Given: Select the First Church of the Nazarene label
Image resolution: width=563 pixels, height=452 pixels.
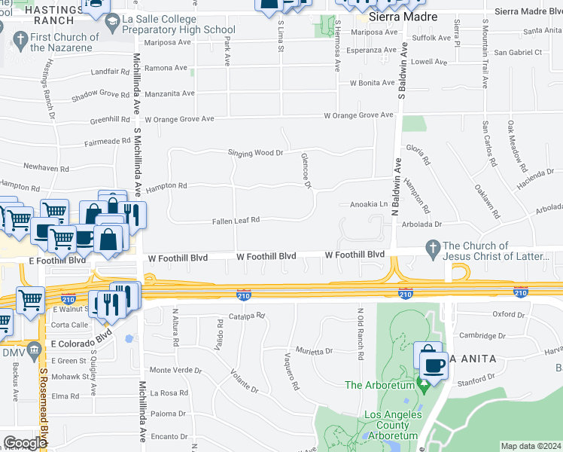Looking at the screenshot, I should (65, 42).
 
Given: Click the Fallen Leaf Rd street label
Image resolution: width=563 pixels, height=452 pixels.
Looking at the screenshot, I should (236, 220).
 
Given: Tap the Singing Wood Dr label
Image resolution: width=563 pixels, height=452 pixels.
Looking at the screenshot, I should (256, 153).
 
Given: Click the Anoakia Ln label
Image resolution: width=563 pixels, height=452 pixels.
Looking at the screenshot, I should (369, 205).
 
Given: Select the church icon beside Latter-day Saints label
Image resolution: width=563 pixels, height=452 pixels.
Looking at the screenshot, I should (432, 247).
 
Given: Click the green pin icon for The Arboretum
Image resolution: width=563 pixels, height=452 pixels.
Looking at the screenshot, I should (423, 386).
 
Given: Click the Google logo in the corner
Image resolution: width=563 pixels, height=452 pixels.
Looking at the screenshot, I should (25, 443).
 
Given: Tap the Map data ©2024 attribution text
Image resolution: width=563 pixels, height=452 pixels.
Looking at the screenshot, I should (531, 446).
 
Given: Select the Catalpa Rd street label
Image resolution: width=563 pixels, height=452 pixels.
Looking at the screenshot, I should (248, 316).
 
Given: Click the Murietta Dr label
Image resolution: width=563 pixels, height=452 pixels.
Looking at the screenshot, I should (313, 351).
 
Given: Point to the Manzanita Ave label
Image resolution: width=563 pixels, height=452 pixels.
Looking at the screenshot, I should (169, 93).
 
